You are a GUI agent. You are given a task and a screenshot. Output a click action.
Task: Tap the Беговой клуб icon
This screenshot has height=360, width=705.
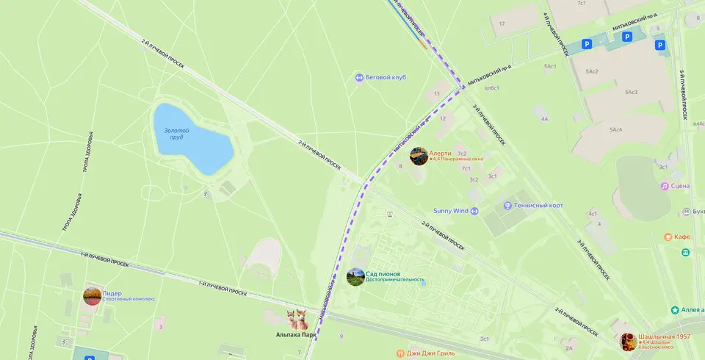tap(359, 77)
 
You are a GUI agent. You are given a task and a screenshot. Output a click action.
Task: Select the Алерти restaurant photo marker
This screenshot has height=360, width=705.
tap(419, 156)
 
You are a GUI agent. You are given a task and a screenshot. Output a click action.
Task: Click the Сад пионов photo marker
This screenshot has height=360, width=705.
tap(355, 277)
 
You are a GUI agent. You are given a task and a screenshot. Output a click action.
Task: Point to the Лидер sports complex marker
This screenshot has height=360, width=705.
tap(93, 296)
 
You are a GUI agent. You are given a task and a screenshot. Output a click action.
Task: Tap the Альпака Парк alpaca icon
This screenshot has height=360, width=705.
tap(297, 320)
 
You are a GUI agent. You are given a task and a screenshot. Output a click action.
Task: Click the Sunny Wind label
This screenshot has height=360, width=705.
tap(450, 211)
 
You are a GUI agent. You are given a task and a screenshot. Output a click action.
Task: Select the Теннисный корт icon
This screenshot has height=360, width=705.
tap(507, 206)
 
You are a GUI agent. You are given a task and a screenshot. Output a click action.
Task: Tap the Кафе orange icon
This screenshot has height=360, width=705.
tap(668, 237)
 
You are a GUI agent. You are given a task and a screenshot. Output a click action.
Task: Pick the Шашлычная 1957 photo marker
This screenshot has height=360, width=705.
tap(629, 342)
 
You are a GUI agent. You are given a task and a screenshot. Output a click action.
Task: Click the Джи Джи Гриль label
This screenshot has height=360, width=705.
tap(430, 353)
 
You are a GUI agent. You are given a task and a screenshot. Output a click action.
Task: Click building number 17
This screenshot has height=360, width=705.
tap(502, 24)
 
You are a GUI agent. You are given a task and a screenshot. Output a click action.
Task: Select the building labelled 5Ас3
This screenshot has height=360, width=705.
tap(631, 92)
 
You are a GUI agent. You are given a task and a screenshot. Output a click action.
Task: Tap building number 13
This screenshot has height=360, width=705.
tap(437, 94)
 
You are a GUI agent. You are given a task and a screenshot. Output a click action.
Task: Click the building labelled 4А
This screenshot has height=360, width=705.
tap(544, 118)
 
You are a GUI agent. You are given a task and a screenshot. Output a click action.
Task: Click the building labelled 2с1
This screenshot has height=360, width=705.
tap(485, 339)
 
